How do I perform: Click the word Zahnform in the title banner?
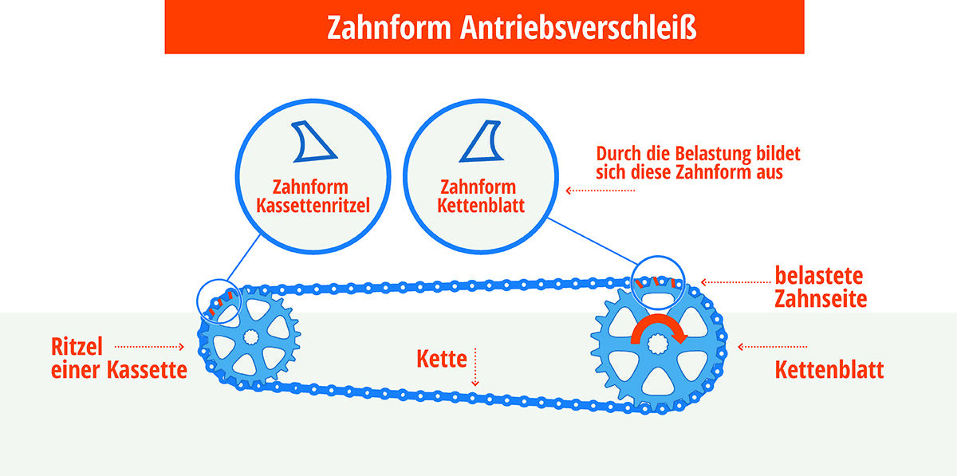(x=389, y=28)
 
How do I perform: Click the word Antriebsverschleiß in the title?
(x=578, y=28)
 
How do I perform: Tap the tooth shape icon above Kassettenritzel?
(x=313, y=141)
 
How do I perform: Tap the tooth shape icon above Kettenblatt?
(x=481, y=141)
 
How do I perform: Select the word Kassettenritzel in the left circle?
(x=313, y=206)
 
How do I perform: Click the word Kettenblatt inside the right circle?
(x=481, y=206)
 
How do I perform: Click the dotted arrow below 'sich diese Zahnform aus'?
(x=601, y=191)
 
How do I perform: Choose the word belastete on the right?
(x=818, y=276)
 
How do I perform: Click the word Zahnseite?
(x=821, y=299)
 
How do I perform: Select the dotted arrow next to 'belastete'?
(x=735, y=282)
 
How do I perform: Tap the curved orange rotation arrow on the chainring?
(x=659, y=328)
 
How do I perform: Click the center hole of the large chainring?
(x=657, y=344)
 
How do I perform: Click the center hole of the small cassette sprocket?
(x=250, y=337)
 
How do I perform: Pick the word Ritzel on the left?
(x=77, y=347)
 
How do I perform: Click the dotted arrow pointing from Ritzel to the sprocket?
(x=150, y=347)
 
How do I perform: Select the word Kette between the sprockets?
(x=442, y=359)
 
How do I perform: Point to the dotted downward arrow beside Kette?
(x=475, y=368)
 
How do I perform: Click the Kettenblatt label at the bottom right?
(x=829, y=370)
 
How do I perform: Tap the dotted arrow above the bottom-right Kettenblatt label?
(x=773, y=347)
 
